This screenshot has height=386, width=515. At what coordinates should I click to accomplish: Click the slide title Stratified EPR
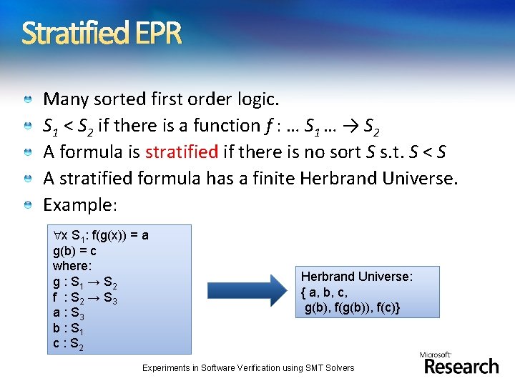102,33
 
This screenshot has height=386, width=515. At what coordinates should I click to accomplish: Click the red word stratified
181,152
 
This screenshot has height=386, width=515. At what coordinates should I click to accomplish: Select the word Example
78,205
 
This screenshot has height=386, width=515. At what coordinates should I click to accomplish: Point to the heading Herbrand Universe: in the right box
357,276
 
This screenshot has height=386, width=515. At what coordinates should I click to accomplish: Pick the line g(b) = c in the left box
75,251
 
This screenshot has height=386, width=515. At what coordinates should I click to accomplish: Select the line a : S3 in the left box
69,314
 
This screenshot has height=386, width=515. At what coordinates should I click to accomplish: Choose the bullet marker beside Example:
27,206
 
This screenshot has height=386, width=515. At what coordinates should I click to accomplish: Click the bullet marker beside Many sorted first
27,99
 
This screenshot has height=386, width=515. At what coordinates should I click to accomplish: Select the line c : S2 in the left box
69,344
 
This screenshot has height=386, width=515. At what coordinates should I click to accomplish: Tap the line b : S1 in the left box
69,329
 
